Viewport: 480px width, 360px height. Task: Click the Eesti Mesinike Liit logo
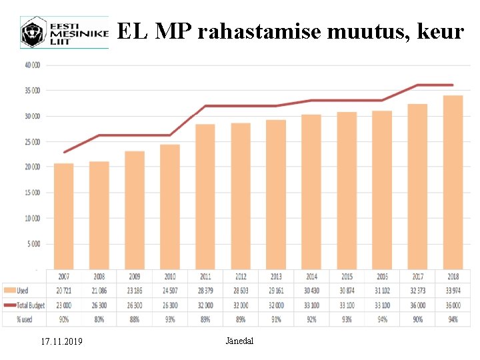[x=63, y=33]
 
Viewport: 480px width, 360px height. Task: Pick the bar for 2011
[x=205, y=196]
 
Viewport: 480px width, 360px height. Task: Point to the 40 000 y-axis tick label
[x=32, y=65]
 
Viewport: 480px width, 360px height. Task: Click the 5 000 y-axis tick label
[x=33, y=244]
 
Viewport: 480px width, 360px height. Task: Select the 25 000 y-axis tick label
[x=32, y=141]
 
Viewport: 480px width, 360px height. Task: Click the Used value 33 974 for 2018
[x=453, y=291]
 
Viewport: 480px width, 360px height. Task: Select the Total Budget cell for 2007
[x=63, y=305]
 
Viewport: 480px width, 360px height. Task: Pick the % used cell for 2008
[x=99, y=319]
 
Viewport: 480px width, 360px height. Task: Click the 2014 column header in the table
[x=311, y=276]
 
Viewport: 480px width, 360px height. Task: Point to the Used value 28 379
[x=205, y=291]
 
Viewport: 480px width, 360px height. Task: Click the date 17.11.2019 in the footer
[x=61, y=341]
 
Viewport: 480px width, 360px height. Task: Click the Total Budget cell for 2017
[x=417, y=305]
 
